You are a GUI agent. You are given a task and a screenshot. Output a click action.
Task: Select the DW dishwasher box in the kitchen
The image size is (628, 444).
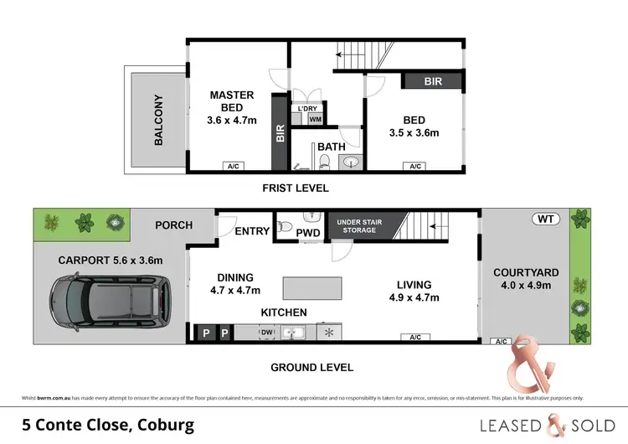tap(265, 333)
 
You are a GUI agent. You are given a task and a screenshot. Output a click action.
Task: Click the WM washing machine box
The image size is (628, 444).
tap(315, 119)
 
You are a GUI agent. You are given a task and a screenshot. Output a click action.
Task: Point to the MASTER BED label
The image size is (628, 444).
tap(232, 95)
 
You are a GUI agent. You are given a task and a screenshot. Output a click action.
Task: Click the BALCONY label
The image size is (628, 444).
tap(158, 120)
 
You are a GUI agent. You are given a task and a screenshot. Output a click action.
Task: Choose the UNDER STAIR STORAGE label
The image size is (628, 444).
tap(358, 225)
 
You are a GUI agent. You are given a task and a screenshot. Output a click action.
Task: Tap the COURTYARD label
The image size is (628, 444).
tap(521, 272)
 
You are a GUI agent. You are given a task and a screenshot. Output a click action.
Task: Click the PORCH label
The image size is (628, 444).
tap(174, 225)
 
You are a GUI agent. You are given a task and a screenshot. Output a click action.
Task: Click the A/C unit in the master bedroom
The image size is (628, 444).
tap(233, 167)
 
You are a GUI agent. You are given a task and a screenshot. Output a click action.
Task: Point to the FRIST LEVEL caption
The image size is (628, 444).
tap(296, 188)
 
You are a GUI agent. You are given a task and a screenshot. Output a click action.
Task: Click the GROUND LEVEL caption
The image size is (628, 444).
tap(311, 367)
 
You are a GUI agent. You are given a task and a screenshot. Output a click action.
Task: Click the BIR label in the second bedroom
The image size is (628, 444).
tap(433, 81)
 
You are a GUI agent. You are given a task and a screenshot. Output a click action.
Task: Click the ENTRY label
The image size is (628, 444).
tap(252, 231)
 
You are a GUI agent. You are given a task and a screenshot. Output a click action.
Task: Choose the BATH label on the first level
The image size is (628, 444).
tap(332, 147)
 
